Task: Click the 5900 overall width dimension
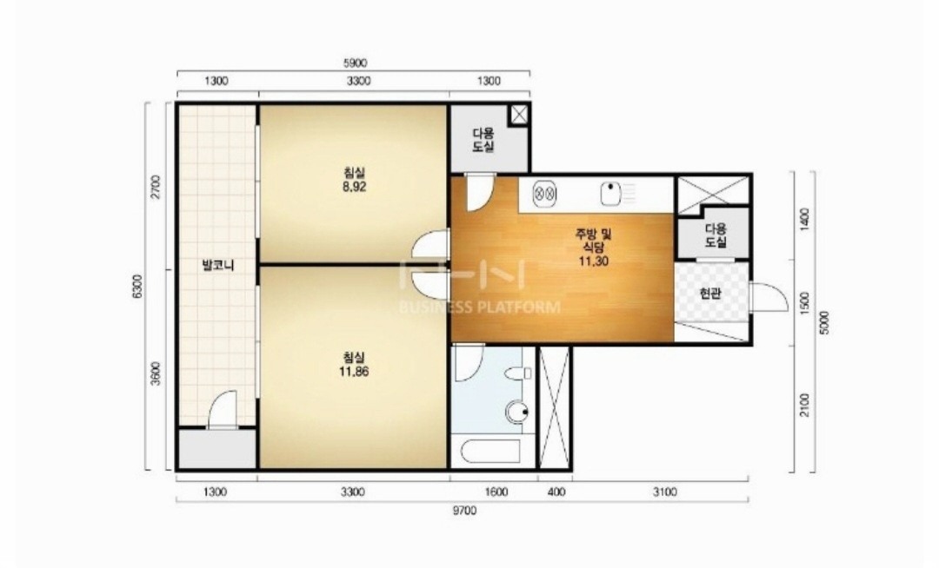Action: click(x=355, y=63)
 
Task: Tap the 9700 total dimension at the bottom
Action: click(x=464, y=511)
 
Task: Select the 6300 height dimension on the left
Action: click(x=137, y=287)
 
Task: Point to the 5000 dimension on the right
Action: click(x=824, y=323)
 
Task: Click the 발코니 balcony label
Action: click(x=218, y=265)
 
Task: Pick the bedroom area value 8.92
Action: click(x=354, y=187)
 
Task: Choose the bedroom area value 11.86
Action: click(x=354, y=372)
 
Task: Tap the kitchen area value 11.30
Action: click(x=594, y=261)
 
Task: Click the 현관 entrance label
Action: click(x=710, y=294)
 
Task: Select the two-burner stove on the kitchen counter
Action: click(x=544, y=194)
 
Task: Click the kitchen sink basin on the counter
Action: click(x=610, y=193)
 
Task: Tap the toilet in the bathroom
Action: click(x=518, y=374)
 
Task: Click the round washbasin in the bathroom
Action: click(x=517, y=412)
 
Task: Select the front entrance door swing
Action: click(x=769, y=296)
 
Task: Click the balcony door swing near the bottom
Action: click(x=223, y=410)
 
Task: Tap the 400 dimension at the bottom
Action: click(x=556, y=492)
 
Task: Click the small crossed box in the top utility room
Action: click(x=518, y=114)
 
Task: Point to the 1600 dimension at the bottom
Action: click(x=496, y=492)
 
